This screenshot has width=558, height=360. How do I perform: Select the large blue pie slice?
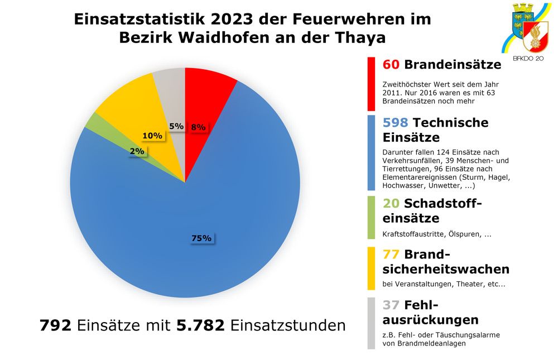pos(184,223)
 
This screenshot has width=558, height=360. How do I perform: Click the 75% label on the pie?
pos(201,238)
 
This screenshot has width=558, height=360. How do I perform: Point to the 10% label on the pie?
pos(152,136)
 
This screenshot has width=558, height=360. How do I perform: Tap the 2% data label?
pos(137,151)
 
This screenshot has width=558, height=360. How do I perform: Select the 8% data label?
pos(198,127)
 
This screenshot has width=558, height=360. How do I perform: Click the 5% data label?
pos(176,126)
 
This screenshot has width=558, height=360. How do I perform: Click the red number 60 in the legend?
pos(391,65)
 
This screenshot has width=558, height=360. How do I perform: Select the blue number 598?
pos(396,123)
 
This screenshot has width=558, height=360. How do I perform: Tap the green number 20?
pos(391,203)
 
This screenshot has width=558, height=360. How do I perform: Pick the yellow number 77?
pos(391,255)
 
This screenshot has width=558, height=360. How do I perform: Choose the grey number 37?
pos(391,305)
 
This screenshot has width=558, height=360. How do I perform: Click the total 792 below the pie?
pos(55,325)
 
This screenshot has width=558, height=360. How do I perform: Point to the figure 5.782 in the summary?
pos(201,325)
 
